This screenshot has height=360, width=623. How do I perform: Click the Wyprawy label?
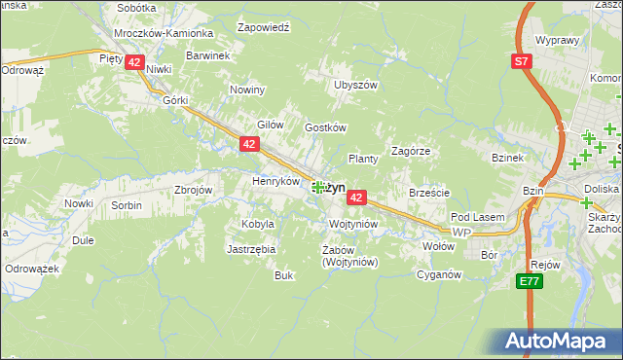click(x=558, y=42)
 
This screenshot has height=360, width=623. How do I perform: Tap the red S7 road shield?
click(x=523, y=61)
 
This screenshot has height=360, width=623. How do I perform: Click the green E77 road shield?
click(x=530, y=281)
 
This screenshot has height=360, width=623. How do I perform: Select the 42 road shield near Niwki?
click(x=134, y=61)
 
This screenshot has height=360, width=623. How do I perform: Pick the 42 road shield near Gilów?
click(x=249, y=144)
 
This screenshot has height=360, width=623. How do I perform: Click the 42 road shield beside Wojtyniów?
click(x=356, y=198)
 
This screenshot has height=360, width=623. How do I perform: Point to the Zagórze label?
click(x=411, y=151)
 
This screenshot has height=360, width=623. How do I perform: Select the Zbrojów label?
click(x=193, y=190)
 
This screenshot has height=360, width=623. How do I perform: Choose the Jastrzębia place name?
click(x=252, y=249)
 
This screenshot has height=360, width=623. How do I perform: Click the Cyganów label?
click(x=438, y=274)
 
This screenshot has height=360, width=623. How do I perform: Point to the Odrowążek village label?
click(x=33, y=268)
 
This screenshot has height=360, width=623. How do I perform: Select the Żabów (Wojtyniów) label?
click(x=336, y=255)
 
